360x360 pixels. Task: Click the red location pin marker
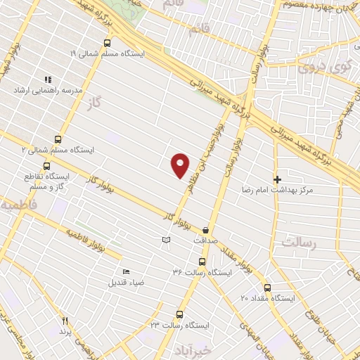[x=181, y=165]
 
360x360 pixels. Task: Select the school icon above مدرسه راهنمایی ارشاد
[x=48, y=80]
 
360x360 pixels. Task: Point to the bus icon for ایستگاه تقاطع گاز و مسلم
[x=46, y=167]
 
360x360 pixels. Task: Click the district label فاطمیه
[x=17, y=207]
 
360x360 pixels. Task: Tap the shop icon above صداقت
[x=205, y=229]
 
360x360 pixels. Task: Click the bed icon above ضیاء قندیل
[x=126, y=272]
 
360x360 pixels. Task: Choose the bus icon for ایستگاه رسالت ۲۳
[x=179, y=314]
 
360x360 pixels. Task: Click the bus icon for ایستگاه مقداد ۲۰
[x=266, y=287]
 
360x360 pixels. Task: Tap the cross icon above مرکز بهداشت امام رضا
[x=277, y=179]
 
